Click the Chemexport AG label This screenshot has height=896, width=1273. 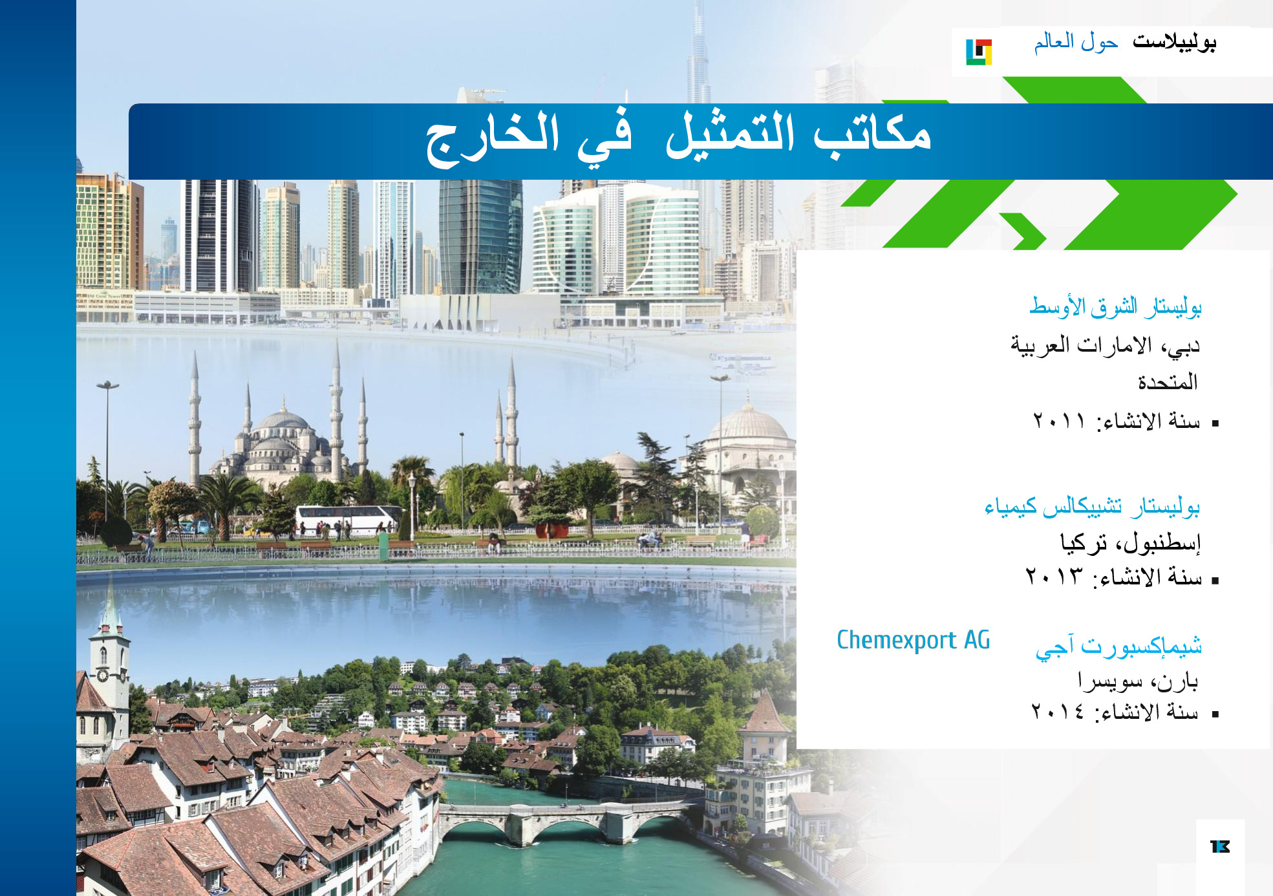click(x=913, y=640)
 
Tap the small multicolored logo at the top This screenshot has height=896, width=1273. click(x=979, y=52)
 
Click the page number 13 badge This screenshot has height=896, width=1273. click(x=1219, y=846)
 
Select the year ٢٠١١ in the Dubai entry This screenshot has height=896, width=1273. click(x=1058, y=421)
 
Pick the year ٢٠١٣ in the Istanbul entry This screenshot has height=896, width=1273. click(x=1053, y=576)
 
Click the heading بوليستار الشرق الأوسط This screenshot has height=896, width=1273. click(x=1115, y=306)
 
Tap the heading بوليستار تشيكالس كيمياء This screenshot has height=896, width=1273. click(x=1092, y=506)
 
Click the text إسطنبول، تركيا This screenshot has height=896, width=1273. click(x=1130, y=542)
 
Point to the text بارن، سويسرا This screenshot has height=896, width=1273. click(x=1138, y=680)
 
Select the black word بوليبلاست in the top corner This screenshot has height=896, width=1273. click(x=1174, y=42)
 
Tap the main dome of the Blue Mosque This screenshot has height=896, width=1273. click(x=283, y=421)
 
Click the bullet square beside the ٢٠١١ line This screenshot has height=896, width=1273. click(x=1215, y=423)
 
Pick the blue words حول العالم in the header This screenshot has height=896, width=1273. click(x=1076, y=42)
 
